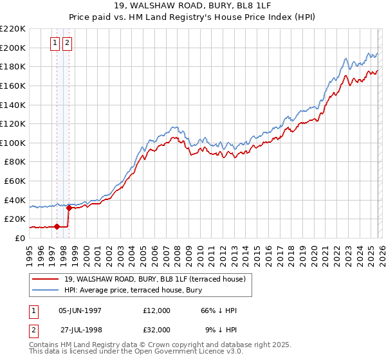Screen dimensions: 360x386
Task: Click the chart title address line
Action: (192, 6)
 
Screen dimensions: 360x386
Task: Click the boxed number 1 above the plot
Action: (56, 43)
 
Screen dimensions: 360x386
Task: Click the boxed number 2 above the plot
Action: (68, 43)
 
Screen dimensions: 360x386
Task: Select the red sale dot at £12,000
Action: (57, 226)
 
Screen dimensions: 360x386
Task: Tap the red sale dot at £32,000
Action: (69, 207)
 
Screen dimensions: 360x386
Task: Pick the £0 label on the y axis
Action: (21, 238)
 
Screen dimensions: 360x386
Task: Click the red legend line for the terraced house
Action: (45, 279)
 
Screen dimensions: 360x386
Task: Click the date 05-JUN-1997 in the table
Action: (80, 310)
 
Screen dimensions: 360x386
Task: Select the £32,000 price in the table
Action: (157, 330)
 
